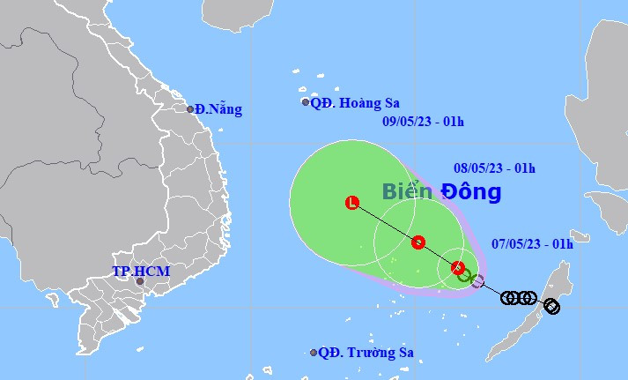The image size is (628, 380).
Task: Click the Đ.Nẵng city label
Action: coord(218,110)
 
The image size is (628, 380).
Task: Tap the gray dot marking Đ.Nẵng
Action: coord(190,109)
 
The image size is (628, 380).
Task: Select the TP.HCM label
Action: coord(140,272)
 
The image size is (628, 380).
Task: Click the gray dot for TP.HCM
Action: coord(139,284)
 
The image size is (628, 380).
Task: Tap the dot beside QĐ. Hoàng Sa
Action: coord(306,102)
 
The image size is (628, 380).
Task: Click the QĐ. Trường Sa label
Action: coord(366,353)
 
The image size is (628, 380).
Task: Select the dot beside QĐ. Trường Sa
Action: coord(314,353)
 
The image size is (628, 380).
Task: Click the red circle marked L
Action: coord(352,203)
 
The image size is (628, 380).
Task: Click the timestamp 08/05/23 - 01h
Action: coord(495,168)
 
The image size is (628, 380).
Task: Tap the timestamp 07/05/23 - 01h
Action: coord(532,244)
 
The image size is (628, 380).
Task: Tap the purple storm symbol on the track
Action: coord(477,282)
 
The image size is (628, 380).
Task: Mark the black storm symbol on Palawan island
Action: coord(551,307)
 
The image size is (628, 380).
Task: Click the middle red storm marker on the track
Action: coord(418,242)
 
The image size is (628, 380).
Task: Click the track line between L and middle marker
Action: coord(386,222)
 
